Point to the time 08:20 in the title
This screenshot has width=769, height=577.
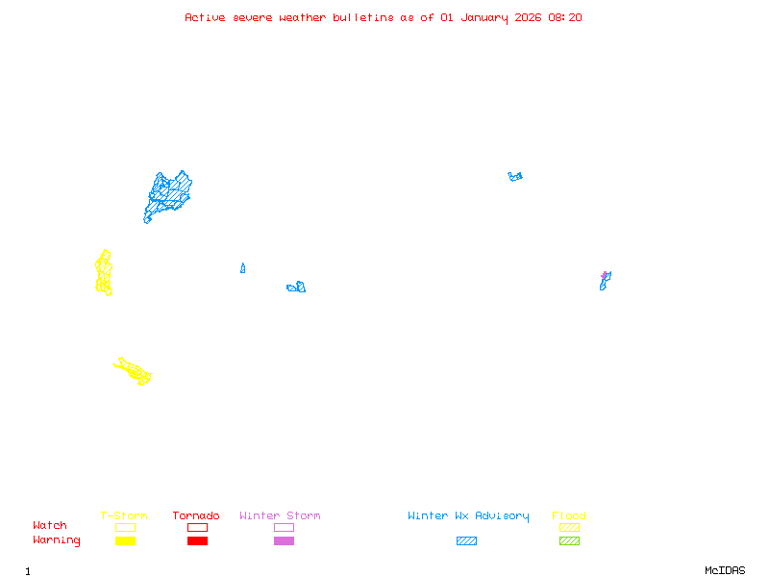click(x=565, y=17)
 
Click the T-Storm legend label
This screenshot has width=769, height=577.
click(x=124, y=515)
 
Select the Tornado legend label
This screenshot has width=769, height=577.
click(x=196, y=515)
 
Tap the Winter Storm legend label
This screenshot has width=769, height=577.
click(x=280, y=515)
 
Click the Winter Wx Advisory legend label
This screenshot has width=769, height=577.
click(x=468, y=515)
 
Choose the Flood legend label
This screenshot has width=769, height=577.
click(x=569, y=515)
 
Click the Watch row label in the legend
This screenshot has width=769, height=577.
click(x=50, y=526)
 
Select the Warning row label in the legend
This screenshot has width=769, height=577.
click(x=56, y=540)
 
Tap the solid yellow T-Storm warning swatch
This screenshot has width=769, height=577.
click(x=125, y=540)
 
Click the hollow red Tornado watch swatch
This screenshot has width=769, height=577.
click(x=197, y=527)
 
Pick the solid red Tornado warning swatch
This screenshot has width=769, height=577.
click(x=197, y=540)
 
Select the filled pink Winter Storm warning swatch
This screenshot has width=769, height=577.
click(x=284, y=540)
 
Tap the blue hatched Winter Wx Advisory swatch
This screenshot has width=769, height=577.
click(x=466, y=540)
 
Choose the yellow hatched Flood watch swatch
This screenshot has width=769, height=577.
click(x=569, y=527)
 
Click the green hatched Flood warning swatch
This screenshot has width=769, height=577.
click(x=569, y=540)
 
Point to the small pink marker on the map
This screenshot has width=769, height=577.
click(x=605, y=275)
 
